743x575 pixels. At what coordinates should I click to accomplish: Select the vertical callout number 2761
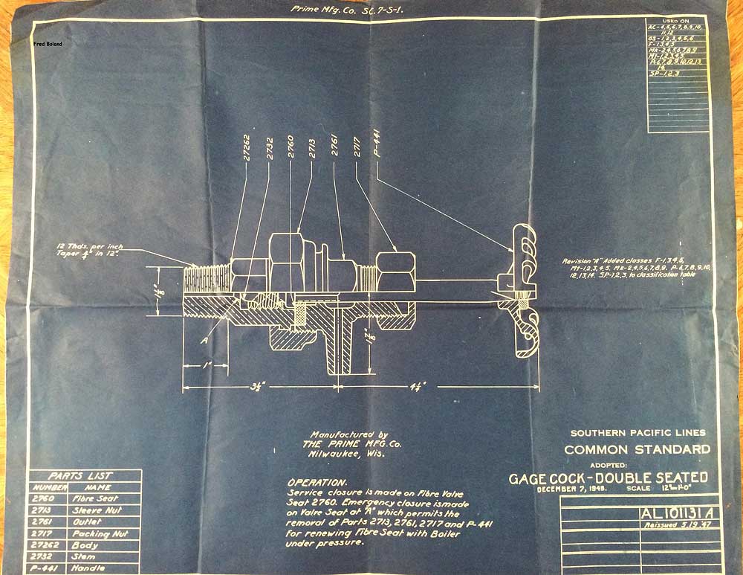[334, 147]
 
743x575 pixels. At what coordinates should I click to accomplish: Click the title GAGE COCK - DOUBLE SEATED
[608, 478]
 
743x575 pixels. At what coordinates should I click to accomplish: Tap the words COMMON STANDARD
[637, 449]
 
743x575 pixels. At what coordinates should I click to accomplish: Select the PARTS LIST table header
[80, 475]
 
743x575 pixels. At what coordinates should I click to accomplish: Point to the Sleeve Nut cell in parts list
[97, 510]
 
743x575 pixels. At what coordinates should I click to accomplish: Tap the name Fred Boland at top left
[48, 44]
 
